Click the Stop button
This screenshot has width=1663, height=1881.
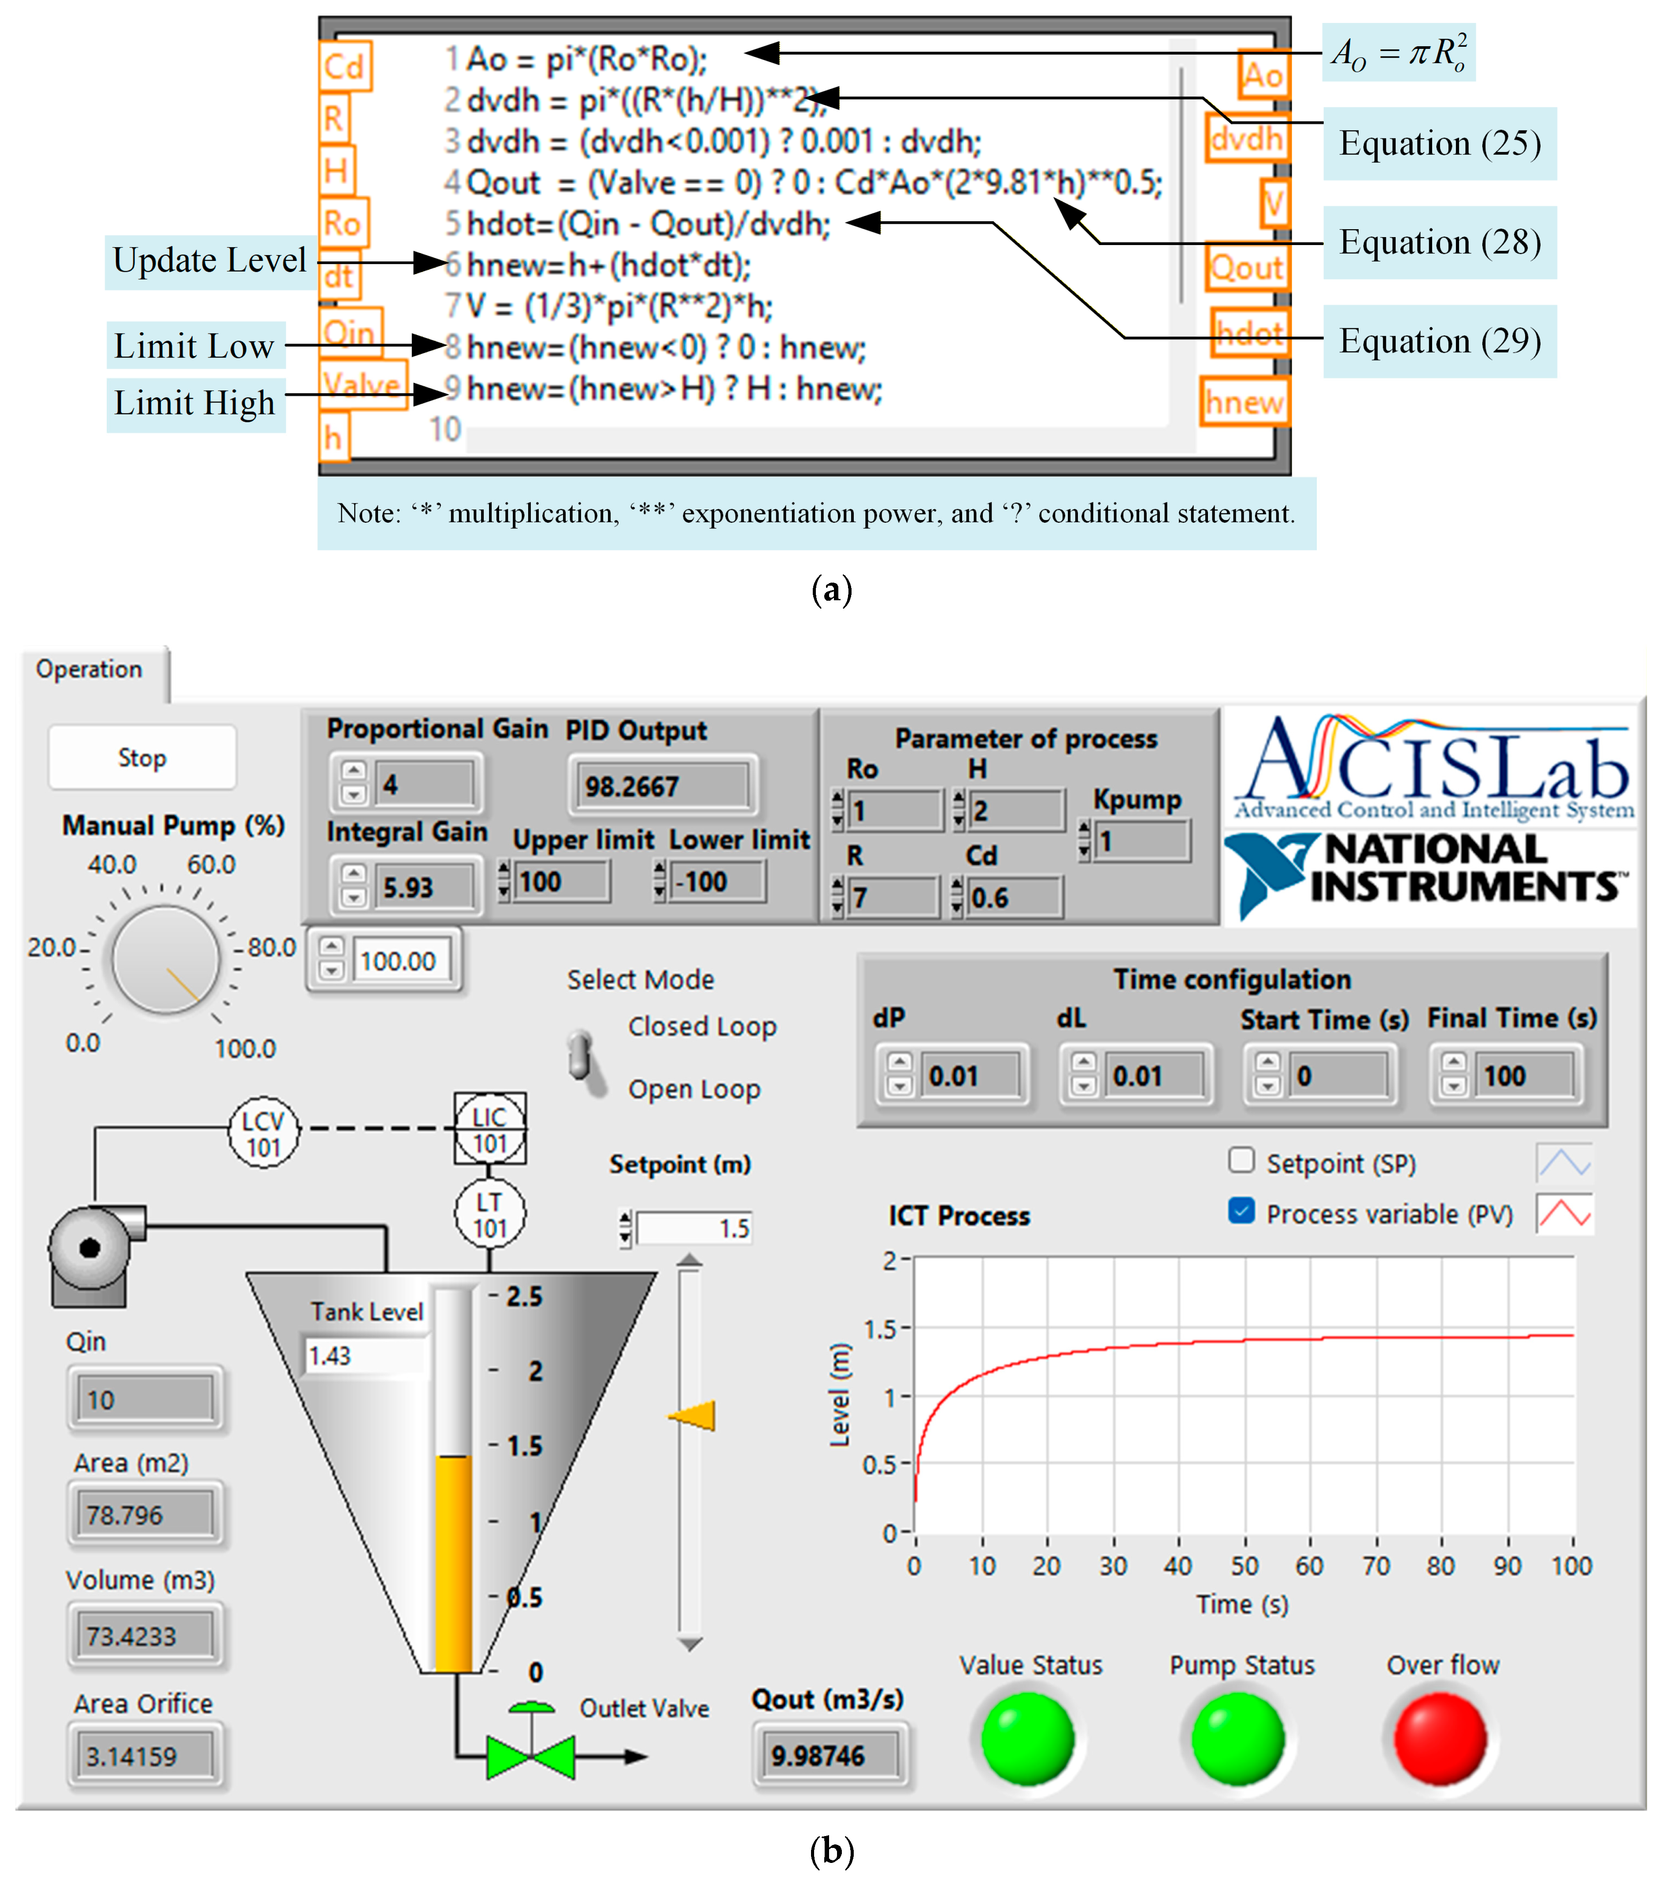(x=142, y=757)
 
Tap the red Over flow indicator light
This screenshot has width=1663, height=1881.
(x=1441, y=1738)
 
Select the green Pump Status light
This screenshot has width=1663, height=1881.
(x=1238, y=1738)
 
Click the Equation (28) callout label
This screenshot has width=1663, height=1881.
(x=1440, y=242)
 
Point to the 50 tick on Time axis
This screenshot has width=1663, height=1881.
(x=1244, y=1565)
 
